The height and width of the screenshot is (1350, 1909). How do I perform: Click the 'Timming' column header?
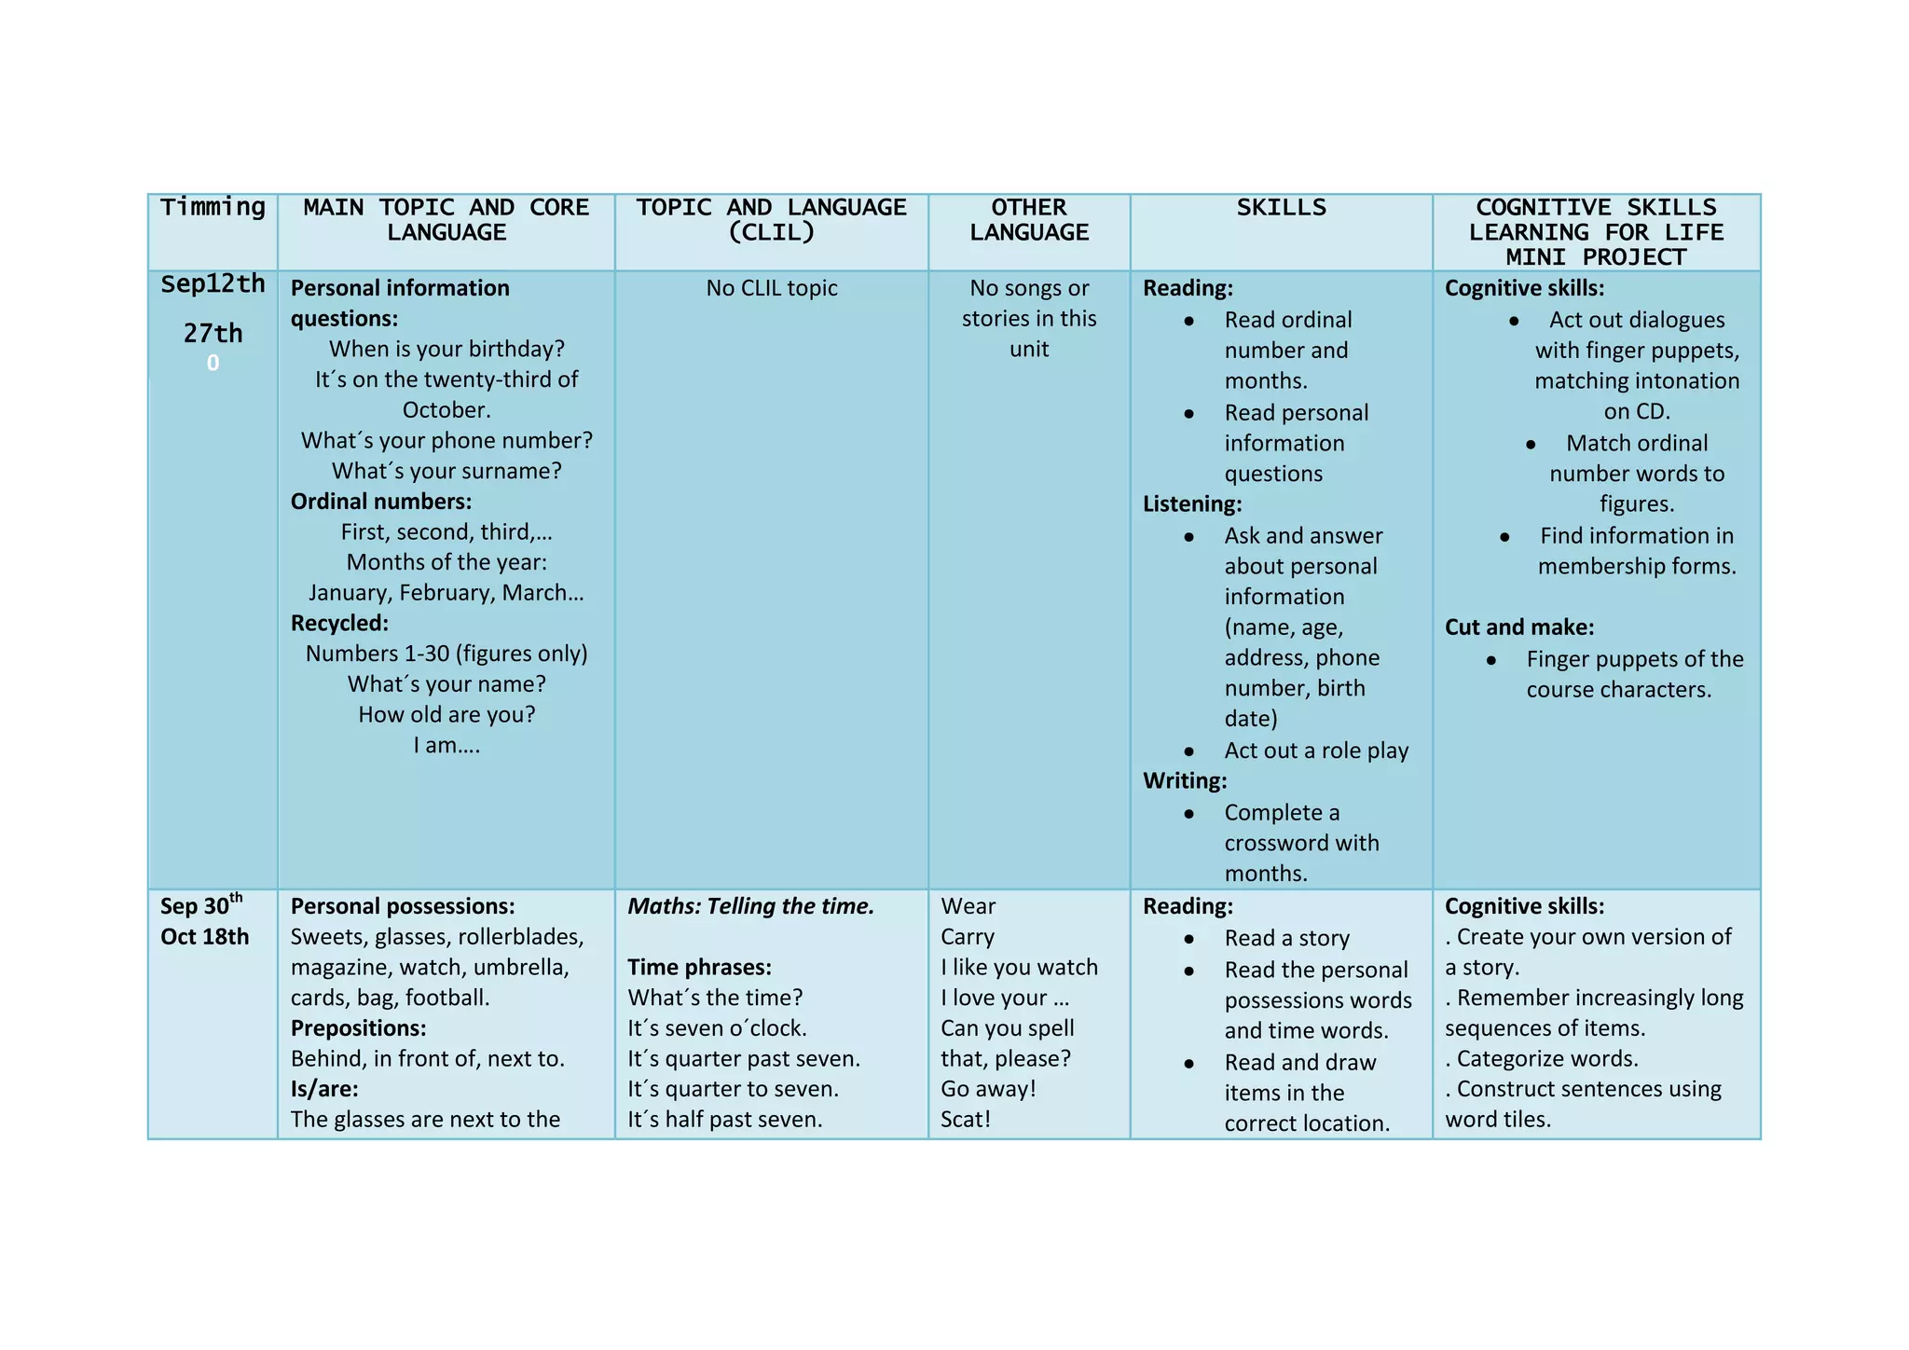pos(213,207)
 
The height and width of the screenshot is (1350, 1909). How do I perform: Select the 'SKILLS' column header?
pos(1281,207)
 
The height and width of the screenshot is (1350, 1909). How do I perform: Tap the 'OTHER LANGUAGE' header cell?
pos(1028,220)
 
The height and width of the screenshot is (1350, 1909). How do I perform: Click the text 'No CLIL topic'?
pos(771,288)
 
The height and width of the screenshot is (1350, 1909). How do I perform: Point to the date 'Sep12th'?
pos(213,283)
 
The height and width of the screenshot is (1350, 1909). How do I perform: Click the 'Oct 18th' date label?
pos(204,936)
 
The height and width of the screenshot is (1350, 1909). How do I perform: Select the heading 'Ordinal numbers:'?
pos(380,502)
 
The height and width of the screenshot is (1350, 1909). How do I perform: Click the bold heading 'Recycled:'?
pos(339,623)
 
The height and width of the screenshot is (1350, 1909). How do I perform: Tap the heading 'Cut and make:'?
pos(1518,627)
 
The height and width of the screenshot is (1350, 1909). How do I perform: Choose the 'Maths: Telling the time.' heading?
pos(750,906)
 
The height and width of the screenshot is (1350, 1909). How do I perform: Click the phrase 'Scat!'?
pos(965,1119)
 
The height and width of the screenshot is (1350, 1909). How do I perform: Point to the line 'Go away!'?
pos(988,1088)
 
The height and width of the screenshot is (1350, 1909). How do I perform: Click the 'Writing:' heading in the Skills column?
pos(1185,780)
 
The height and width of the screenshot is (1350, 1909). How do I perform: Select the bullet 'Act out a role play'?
pos(1315,751)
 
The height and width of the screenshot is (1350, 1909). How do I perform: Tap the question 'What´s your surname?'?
pos(446,471)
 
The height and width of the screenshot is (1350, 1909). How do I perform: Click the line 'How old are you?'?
pos(446,714)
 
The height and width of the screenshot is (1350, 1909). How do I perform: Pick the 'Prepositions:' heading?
pos(358,1027)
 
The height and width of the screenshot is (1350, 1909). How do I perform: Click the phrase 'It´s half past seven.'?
pos(724,1119)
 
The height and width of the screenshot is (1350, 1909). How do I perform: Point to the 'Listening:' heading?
pos(1192,504)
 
